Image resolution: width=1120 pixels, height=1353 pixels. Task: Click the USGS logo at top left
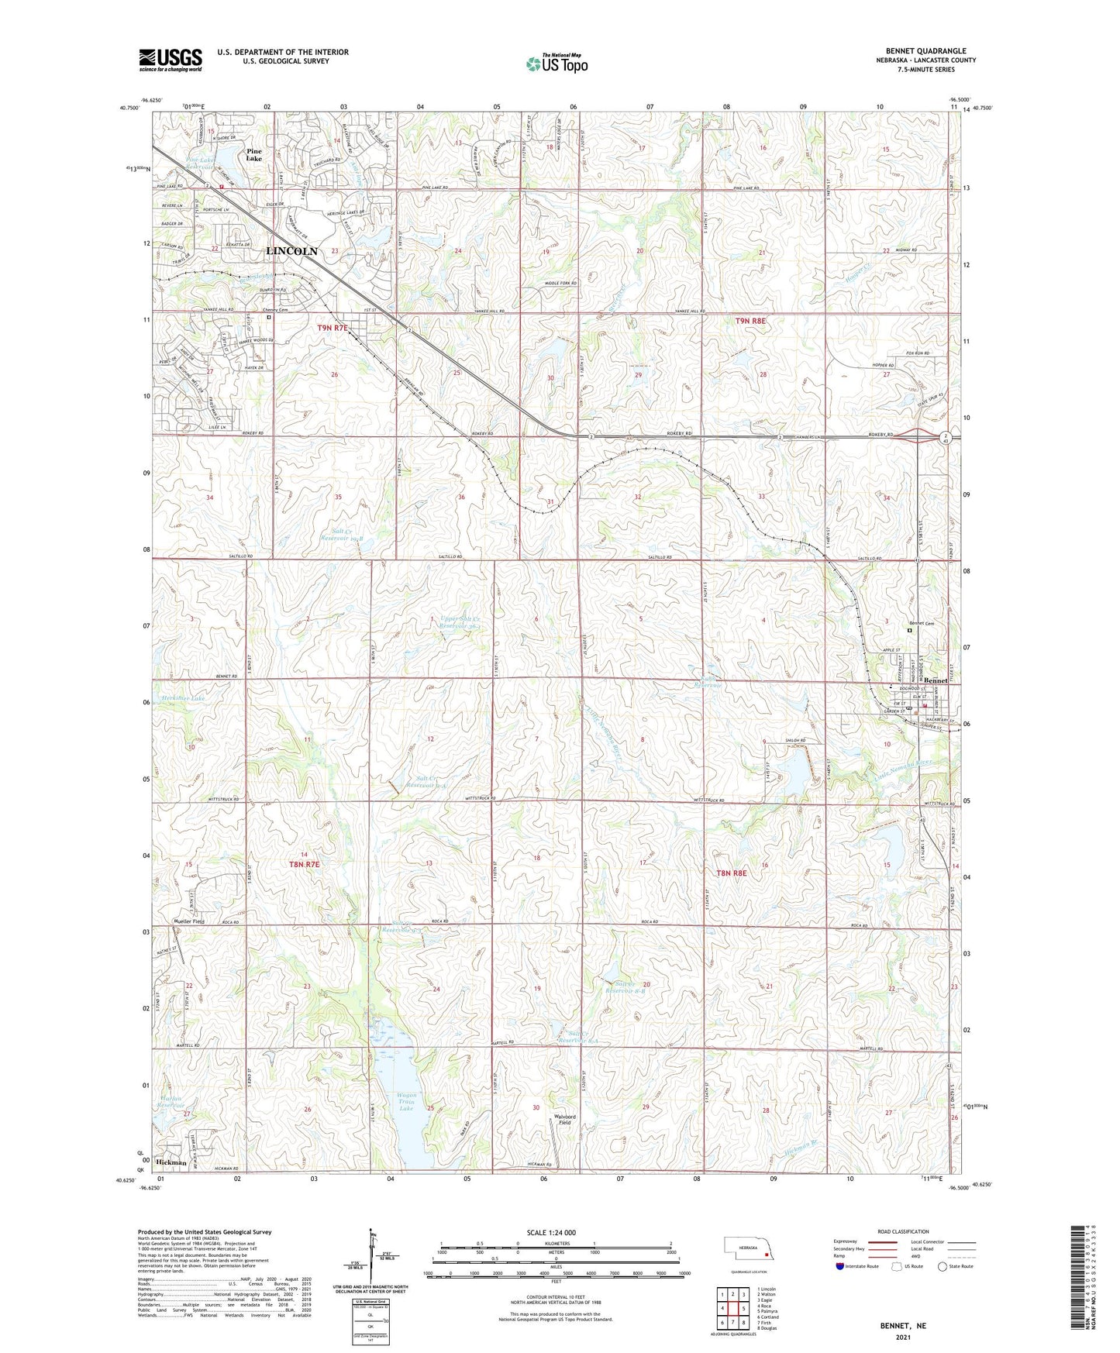(171, 59)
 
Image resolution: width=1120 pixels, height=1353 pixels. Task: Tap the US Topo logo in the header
(556, 64)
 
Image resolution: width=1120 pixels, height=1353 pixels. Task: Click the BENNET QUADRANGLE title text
(925, 50)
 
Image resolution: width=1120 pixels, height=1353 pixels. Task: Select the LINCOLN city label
(291, 251)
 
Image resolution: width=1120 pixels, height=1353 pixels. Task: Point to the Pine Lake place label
(253, 154)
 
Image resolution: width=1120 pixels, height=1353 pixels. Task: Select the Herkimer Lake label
(184, 699)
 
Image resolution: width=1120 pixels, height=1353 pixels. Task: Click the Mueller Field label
(188, 921)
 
